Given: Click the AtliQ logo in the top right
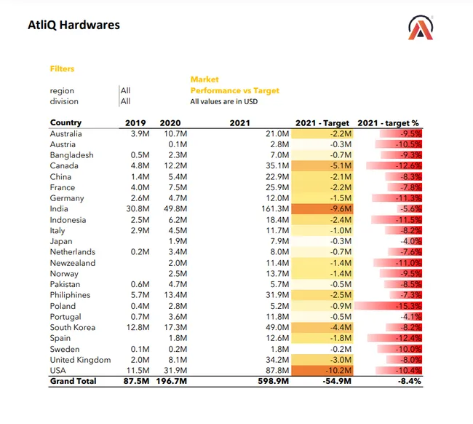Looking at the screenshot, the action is (x=421, y=28).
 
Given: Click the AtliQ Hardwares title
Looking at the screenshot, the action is (x=74, y=25).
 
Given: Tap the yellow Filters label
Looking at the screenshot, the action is (x=62, y=69).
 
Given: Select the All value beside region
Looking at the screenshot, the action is (x=125, y=90).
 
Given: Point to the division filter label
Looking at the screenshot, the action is (x=64, y=101).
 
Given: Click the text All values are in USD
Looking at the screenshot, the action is (x=224, y=101).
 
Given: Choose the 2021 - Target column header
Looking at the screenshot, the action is (x=322, y=123).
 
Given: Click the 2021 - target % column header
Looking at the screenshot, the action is (x=389, y=123).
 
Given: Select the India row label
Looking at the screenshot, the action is (x=59, y=208).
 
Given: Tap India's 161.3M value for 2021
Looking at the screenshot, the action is (x=275, y=208).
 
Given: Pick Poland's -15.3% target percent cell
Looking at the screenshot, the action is (x=408, y=306).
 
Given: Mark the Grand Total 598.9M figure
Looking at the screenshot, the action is (x=274, y=381).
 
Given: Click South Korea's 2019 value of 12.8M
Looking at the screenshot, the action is (x=138, y=327).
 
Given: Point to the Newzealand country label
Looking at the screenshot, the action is (x=73, y=263).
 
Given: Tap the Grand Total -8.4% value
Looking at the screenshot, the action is (x=410, y=381).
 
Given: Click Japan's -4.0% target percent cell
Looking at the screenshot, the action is (x=411, y=241).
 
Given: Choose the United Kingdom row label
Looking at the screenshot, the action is (x=80, y=360).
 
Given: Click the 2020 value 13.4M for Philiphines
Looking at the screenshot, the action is (x=175, y=295).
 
